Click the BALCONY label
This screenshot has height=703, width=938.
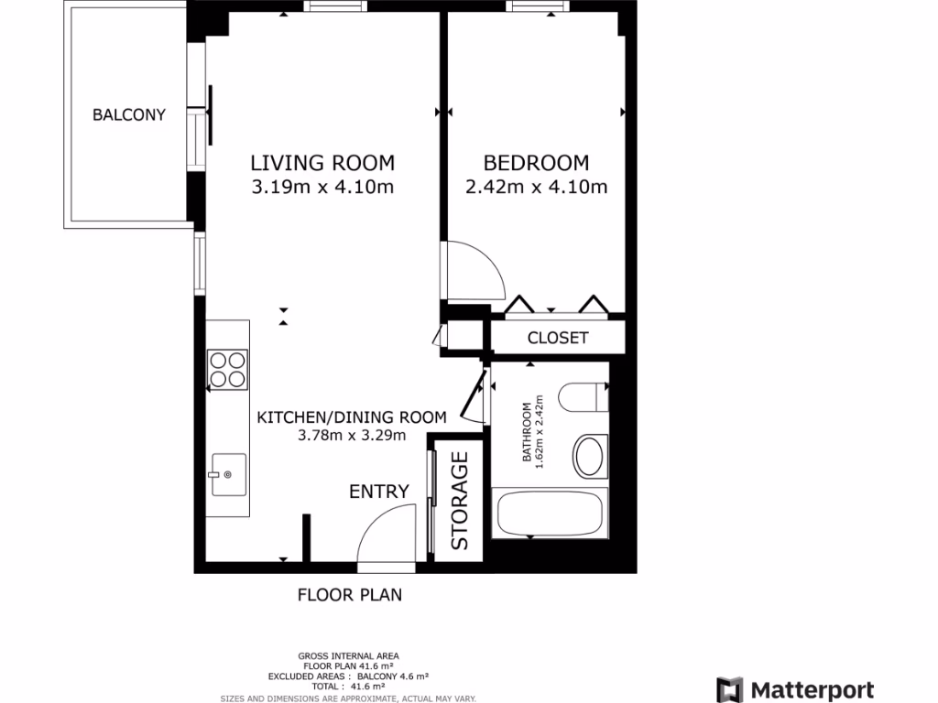(129, 115)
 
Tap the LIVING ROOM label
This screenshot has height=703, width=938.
(322, 163)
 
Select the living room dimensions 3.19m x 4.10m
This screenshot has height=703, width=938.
(322, 189)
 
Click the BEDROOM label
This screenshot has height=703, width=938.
(536, 163)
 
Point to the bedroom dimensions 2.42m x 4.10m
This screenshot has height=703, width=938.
(536, 189)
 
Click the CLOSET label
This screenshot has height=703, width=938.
(558, 338)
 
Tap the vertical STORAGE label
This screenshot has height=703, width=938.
(459, 501)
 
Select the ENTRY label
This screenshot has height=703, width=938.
(378, 492)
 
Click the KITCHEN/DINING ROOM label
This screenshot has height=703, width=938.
(352, 416)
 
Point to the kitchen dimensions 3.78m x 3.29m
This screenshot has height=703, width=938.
(352, 436)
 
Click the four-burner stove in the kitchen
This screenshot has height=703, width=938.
(228, 368)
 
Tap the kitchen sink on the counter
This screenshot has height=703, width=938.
(228, 474)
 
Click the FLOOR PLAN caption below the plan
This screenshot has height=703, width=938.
(350, 595)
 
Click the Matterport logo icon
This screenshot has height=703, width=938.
(729, 689)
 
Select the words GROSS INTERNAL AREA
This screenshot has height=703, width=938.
(348, 655)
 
